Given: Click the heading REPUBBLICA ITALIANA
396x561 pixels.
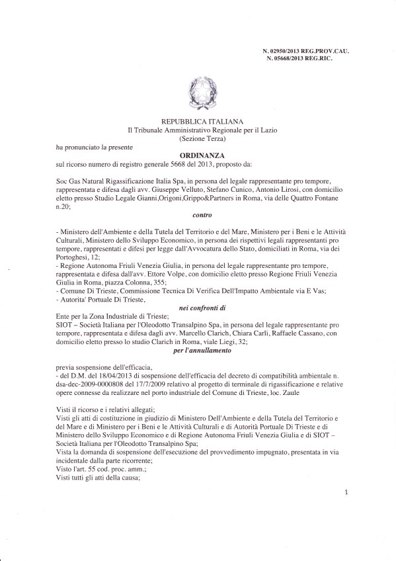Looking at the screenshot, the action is (198, 121).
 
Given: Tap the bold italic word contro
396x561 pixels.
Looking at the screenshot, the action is (197, 214).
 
